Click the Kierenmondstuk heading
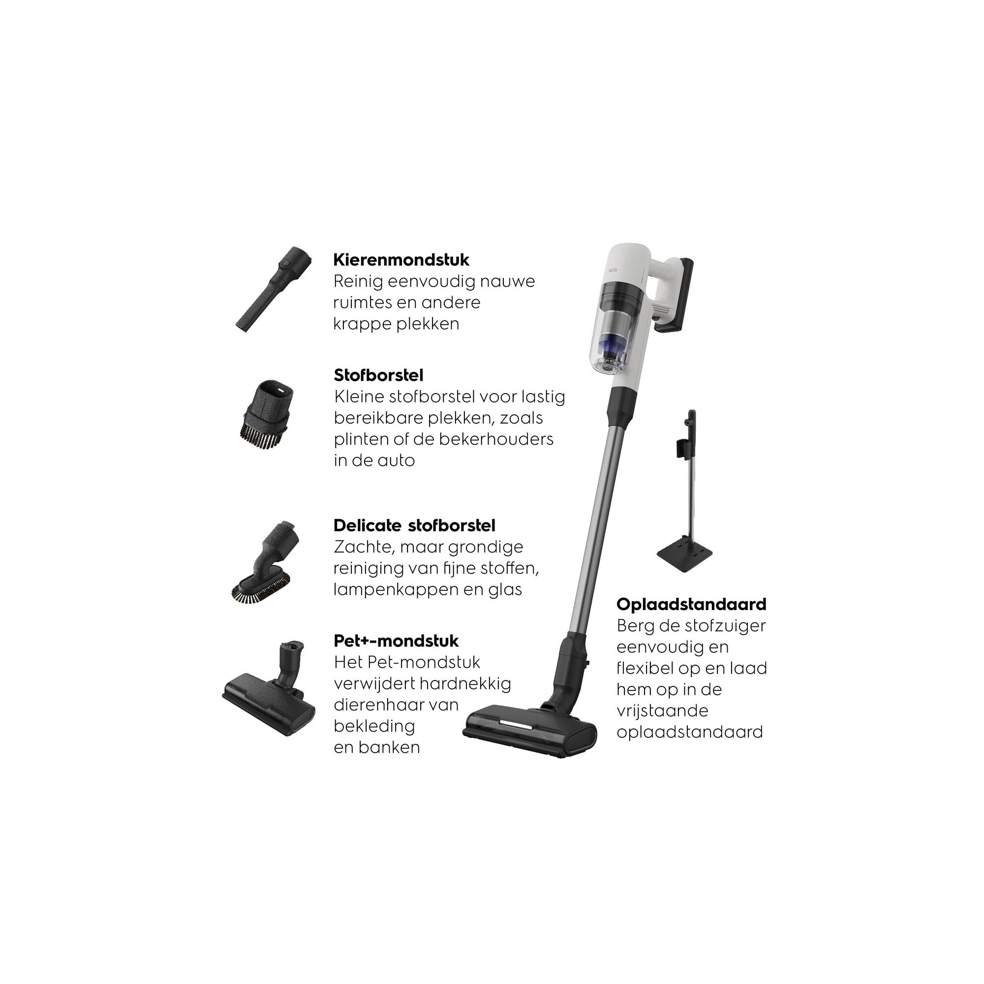pos(401,260)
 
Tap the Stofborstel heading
pos(378,375)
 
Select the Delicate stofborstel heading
pos(414,525)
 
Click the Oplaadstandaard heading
pos(691,605)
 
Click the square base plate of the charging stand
pos(683,550)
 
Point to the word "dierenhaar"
pos(378,705)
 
